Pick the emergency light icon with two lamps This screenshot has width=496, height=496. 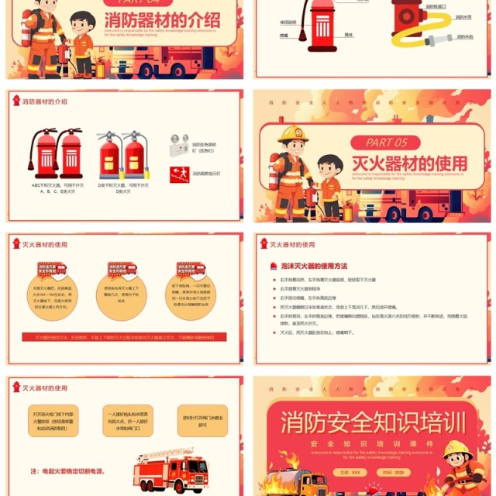coord(178,145)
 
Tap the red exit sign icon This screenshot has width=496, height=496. coord(177,174)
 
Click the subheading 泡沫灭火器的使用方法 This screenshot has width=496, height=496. coord(314,266)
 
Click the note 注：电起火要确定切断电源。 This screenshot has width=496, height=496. coord(67,470)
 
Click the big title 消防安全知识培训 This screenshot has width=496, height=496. coord(374,422)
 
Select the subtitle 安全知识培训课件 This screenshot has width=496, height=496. coord(374,443)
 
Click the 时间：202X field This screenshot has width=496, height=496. coord(392,472)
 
